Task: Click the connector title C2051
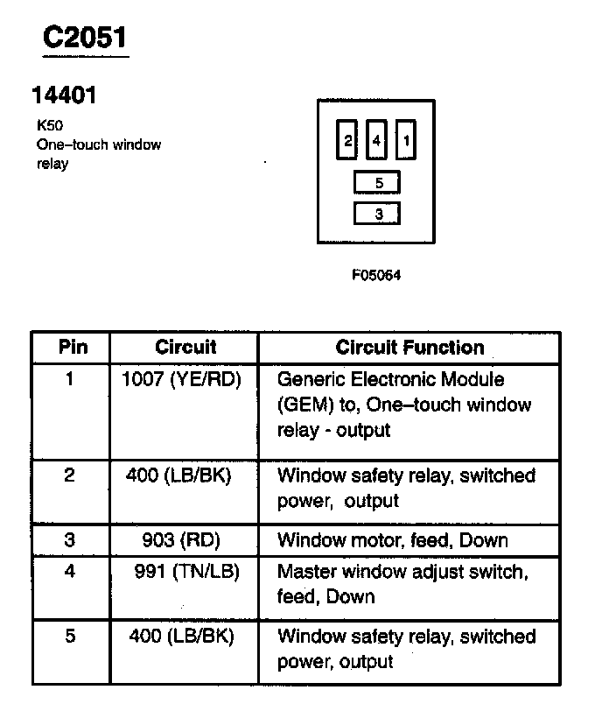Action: click(86, 38)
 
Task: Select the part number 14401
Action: click(64, 95)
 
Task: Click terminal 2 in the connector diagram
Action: click(347, 140)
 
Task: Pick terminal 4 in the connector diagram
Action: click(376, 140)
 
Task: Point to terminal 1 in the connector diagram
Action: click(406, 140)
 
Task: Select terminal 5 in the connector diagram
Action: click(378, 183)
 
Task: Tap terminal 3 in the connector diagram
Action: click(378, 214)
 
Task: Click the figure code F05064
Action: click(376, 275)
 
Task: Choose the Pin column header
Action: click(73, 347)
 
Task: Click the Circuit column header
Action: click(185, 347)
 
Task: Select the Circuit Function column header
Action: click(409, 348)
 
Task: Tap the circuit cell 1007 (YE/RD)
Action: click(181, 380)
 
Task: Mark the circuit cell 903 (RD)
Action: click(182, 540)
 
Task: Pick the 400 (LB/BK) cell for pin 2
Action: click(181, 475)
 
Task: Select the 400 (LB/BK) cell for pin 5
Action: click(181, 637)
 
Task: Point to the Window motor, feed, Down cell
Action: click(392, 540)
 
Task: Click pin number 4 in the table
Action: click(70, 572)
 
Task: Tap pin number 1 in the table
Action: click(70, 380)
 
